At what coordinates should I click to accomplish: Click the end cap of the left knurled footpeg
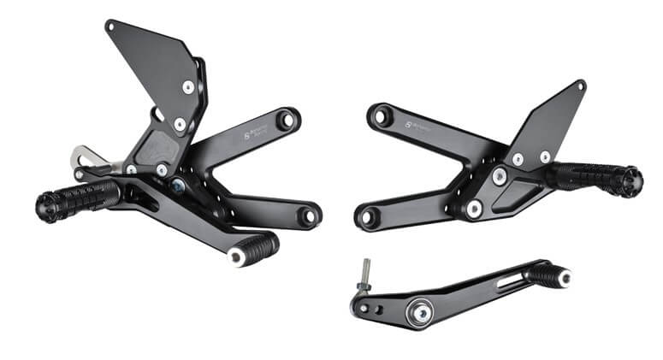[x=44, y=205]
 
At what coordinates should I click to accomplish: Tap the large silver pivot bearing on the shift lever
[x=421, y=311]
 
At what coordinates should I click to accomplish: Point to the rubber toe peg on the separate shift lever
[x=548, y=274]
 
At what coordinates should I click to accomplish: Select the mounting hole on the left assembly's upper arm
[x=287, y=119]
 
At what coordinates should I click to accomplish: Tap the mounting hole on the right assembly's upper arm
[x=382, y=114]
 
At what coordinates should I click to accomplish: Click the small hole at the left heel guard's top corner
[x=110, y=26]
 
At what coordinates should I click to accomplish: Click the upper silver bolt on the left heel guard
[x=187, y=87]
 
